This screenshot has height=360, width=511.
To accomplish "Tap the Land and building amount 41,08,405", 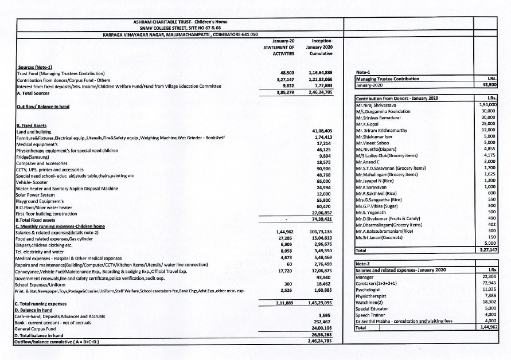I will coord(322,131).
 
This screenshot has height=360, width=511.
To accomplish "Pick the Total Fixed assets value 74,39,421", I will coord(321,219).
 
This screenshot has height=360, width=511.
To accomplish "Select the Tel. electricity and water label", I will coord(39,250).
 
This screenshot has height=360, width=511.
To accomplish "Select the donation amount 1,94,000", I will coord(487,105).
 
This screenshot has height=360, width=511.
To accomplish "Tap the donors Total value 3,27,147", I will coord(487,251).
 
